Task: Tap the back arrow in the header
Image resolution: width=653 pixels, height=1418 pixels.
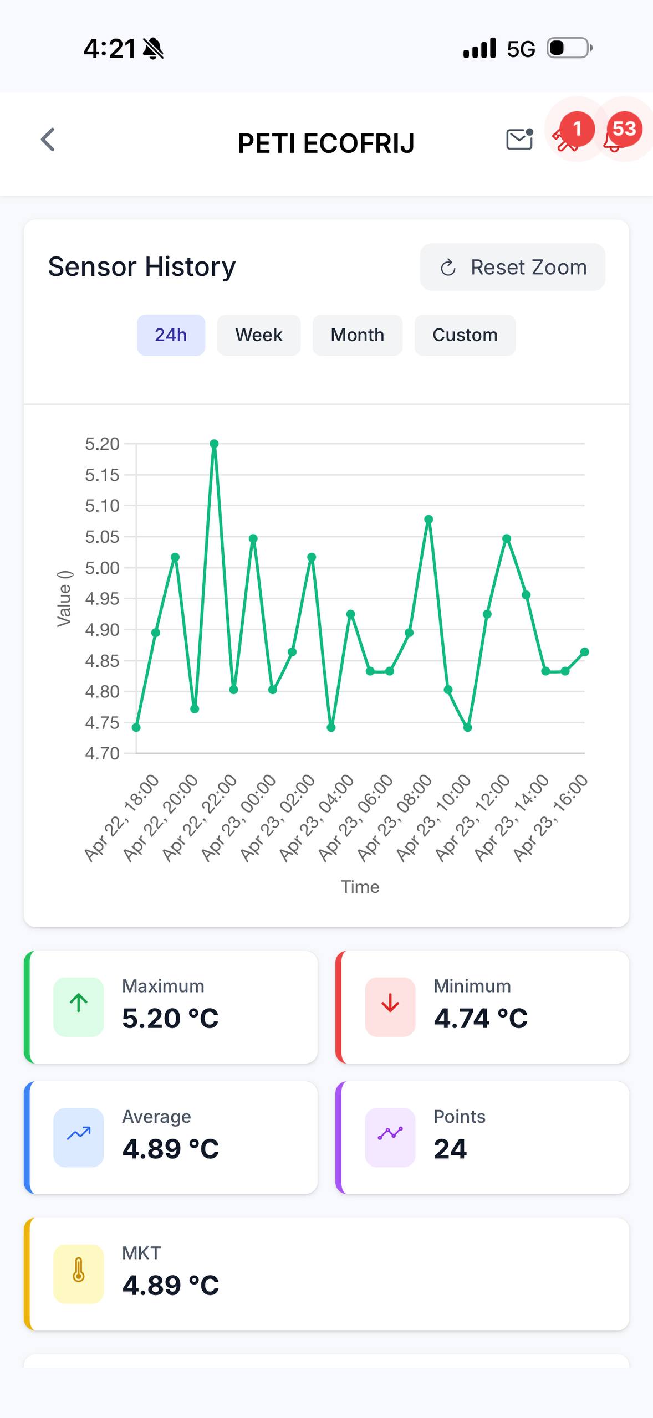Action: click(x=48, y=140)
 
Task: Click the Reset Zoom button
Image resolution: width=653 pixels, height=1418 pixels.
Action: click(x=512, y=267)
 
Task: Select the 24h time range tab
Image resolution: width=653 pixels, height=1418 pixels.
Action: click(x=171, y=335)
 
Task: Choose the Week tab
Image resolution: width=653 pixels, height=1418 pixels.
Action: click(x=259, y=335)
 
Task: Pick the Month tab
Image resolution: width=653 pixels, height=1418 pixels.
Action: click(x=357, y=335)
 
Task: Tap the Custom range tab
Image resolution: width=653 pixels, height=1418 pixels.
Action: click(x=465, y=335)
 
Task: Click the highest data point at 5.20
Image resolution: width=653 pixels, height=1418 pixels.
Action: click(x=214, y=444)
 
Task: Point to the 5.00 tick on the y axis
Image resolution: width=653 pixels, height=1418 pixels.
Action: click(x=102, y=568)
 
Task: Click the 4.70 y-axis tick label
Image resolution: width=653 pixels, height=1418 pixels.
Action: click(x=102, y=753)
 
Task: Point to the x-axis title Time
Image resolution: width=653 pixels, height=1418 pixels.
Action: click(x=360, y=887)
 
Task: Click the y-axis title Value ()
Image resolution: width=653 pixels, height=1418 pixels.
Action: click(x=64, y=598)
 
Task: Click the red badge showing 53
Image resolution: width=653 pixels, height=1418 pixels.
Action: click(x=624, y=129)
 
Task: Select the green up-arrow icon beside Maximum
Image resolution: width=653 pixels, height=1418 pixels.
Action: click(x=78, y=1007)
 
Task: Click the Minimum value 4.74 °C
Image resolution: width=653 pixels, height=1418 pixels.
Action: click(x=480, y=1018)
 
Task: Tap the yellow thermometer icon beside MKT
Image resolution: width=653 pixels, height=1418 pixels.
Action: click(x=78, y=1273)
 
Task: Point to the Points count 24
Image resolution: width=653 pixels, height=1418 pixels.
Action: click(x=450, y=1149)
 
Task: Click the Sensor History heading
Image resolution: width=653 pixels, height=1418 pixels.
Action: click(x=142, y=266)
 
